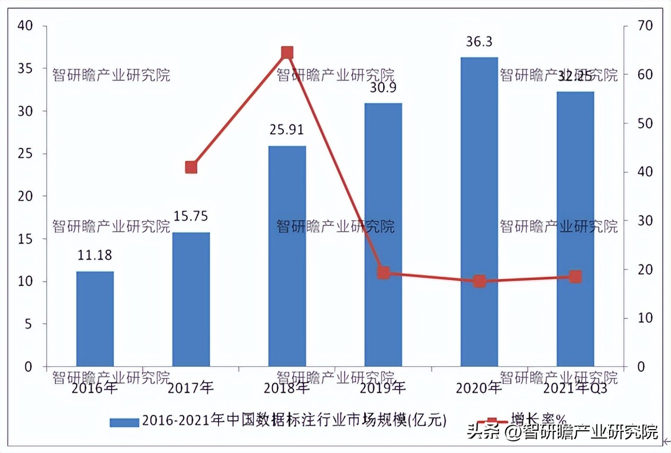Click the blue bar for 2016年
95,319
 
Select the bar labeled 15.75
191,299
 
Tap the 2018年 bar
287,256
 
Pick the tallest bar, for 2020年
479,212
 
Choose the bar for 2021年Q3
575,229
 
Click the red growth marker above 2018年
287,52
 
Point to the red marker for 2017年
191,167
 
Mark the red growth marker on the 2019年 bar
384,273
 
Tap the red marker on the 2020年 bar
479,281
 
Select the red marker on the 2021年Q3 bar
575,276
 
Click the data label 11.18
95,256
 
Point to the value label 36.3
479,41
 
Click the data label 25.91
287,130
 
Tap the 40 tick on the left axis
25,25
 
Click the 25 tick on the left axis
25,153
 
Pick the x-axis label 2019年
383,388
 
